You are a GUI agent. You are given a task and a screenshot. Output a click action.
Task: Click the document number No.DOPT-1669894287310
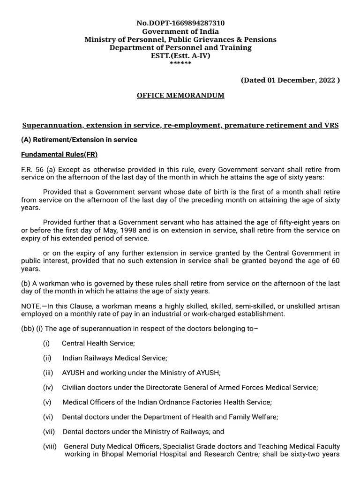click(x=180, y=23)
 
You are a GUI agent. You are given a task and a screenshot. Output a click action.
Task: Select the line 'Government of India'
click(x=180, y=31)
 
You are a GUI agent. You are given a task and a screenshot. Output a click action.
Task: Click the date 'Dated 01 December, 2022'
click(x=290, y=80)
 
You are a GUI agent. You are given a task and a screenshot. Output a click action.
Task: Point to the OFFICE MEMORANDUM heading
click(x=180, y=96)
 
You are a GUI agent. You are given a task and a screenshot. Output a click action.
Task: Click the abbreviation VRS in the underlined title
click(x=330, y=126)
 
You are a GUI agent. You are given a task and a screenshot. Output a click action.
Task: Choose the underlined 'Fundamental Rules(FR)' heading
click(x=60, y=155)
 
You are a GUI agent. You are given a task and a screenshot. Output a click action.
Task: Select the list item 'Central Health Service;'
click(x=98, y=344)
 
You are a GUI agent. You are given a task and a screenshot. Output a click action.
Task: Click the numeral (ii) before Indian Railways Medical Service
click(x=46, y=358)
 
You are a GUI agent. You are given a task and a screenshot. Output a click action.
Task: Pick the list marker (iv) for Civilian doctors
click(x=46, y=387)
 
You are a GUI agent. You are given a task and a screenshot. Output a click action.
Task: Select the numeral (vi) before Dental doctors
click(x=46, y=417)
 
